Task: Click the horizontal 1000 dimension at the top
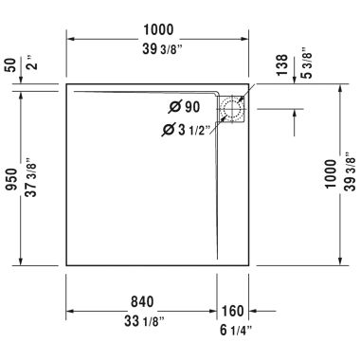point(159,29)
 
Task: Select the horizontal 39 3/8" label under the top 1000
point(159,49)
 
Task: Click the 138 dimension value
point(279,64)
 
